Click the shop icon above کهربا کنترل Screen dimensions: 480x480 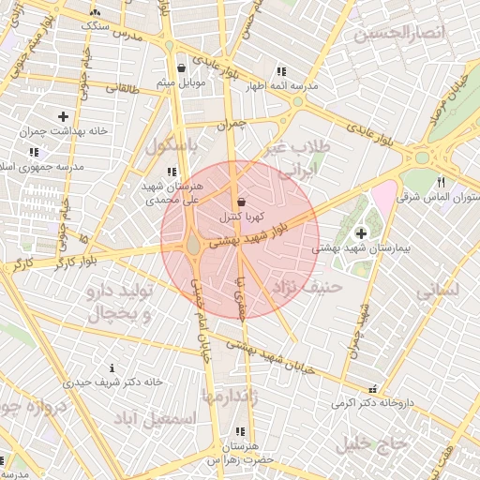click(x=242, y=202)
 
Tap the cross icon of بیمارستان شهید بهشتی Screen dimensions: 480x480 click(x=362, y=232)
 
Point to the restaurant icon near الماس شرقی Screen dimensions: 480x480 click(x=441, y=183)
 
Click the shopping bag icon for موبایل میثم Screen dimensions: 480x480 click(x=181, y=68)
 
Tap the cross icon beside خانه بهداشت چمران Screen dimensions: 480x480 click(x=63, y=116)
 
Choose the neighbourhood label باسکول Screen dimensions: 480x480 click(x=172, y=146)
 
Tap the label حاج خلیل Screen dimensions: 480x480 click(x=373, y=442)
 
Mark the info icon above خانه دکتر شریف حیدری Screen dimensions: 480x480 click(x=112, y=367)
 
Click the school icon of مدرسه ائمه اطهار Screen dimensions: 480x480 click(x=280, y=71)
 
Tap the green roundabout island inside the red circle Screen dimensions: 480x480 click(x=192, y=244)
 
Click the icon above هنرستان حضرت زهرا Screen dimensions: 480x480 click(x=241, y=431)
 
